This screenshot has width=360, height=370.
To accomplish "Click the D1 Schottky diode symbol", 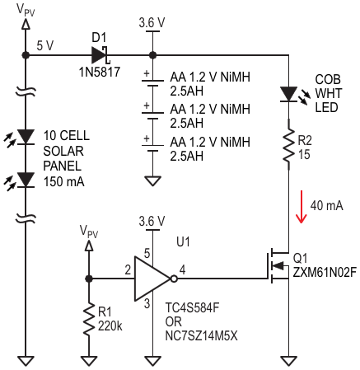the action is click(x=100, y=55).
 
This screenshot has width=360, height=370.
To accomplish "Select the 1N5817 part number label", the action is click(x=100, y=73).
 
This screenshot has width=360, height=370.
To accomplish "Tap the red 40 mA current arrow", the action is click(x=302, y=207).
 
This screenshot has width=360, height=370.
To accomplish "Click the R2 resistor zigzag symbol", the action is click(x=288, y=144).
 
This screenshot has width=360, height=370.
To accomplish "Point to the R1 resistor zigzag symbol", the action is click(x=89, y=319).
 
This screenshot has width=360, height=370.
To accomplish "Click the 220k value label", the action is click(x=110, y=326).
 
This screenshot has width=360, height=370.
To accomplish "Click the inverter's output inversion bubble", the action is click(x=174, y=279).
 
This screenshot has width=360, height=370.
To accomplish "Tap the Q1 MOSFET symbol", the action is click(x=278, y=266).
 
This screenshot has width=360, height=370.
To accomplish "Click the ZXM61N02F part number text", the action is click(x=325, y=273).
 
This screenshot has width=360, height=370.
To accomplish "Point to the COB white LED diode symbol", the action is click(x=288, y=94).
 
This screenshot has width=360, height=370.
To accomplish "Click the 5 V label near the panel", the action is click(x=45, y=45).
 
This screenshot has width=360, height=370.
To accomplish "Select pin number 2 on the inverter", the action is click(x=128, y=270).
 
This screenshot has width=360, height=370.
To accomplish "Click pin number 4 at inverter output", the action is click(x=182, y=269).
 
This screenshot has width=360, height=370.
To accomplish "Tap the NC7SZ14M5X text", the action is click(x=201, y=335).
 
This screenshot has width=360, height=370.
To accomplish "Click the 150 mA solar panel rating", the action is click(x=64, y=181).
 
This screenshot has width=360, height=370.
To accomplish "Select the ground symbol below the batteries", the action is click(x=152, y=181).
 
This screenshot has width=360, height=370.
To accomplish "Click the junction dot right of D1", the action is click(x=152, y=55).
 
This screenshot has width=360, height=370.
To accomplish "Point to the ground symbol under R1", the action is click(x=89, y=361).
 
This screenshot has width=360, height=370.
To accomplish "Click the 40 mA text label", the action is click(x=327, y=206).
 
